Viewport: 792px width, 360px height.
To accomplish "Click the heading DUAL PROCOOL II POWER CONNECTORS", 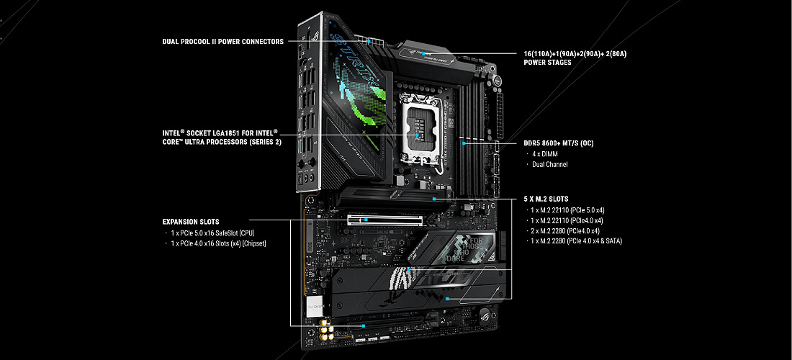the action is (x=222, y=42).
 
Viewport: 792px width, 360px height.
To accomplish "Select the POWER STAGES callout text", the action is (x=575, y=58).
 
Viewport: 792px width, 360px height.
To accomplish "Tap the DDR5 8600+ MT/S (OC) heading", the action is (x=559, y=143).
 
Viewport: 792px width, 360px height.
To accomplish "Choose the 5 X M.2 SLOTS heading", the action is (x=546, y=199).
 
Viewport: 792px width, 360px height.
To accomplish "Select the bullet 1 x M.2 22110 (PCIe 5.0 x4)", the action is (x=569, y=210).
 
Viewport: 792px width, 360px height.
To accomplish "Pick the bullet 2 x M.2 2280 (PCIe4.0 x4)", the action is (x=566, y=230).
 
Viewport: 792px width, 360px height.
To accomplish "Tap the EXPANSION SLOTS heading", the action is (x=191, y=222).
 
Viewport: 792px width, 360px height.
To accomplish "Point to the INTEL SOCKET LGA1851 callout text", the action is (x=222, y=138).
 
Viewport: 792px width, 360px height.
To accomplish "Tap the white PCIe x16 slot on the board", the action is (x=385, y=220).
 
